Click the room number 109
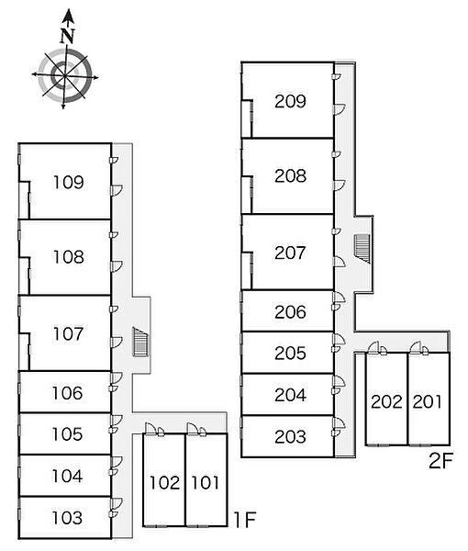click(x=69, y=183)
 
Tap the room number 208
click(x=290, y=176)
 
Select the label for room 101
click(x=206, y=482)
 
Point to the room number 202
click(x=386, y=402)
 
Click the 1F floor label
click(x=245, y=520)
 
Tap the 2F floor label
click(x=441, y=461)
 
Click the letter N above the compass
click(x=67, y=36)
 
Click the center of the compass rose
click(x=65, y=76)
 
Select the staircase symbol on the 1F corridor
click(x=140, y=342)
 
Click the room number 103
click(x=67, y=518)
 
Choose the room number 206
click(x=290, y=312)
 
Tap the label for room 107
click(x=69, y=334)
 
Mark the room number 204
click(x=290, y=395)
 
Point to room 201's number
click(x=428, y=402)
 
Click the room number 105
click(x=67, y=434)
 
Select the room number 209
click(x=290, y=102)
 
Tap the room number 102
click(x=164, y=482)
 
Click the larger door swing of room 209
click(x=340, y=109)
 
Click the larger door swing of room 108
click(x=117, y=266)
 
